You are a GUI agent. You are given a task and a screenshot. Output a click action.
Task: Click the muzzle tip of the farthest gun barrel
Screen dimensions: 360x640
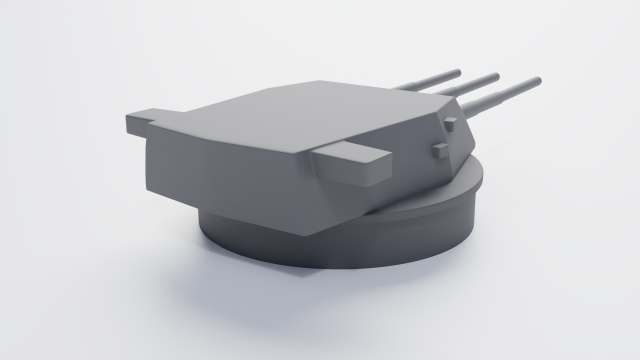(x=458, y=71)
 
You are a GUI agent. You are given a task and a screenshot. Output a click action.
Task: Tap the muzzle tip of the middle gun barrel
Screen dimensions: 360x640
(x=495, y=76)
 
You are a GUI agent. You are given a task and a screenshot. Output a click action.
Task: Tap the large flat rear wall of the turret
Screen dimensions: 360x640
(x=225, y=180)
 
